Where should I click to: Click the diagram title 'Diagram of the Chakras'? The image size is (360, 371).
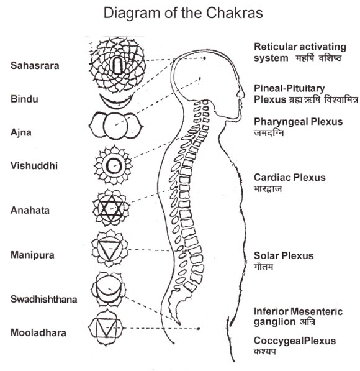point(183,14)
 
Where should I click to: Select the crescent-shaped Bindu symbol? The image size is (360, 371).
point(116,101)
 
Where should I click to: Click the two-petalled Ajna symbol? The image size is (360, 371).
point(115,126)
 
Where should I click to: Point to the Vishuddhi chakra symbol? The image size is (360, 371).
point(113,165)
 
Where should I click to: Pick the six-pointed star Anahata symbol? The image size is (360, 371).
point(110,208)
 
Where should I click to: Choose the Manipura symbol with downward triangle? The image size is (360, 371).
point(110,249)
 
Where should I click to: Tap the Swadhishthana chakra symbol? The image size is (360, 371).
point(109,289)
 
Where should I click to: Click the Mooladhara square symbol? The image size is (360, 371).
point(106,327)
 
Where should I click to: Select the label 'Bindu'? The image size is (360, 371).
point(24,99)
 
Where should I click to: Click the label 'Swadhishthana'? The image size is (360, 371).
point(43,300)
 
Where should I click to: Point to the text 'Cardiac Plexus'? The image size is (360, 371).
point(290,178)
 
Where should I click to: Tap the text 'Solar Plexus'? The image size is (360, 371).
point(284,255)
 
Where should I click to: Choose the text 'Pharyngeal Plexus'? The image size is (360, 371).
point(299,122)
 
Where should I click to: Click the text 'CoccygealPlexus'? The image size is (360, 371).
point(295,341)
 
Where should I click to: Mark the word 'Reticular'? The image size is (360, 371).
point(274,47)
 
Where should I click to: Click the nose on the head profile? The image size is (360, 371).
point(241,93)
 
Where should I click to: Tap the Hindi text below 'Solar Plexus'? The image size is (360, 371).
point(264,267)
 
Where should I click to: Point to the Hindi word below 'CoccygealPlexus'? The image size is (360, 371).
point(265,351)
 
